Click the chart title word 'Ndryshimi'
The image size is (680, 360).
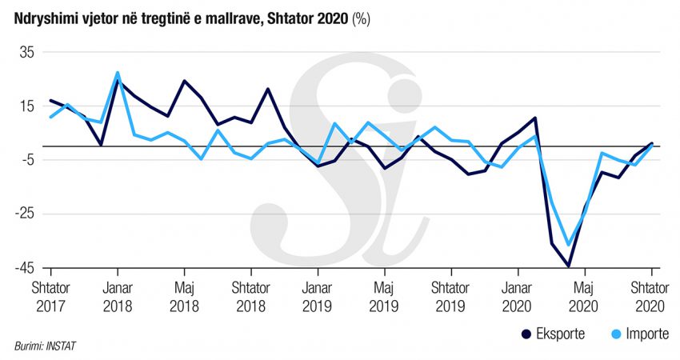click(41, 19)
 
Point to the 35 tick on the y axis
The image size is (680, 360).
click(27, 52)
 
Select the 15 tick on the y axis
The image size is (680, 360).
click(28, 106)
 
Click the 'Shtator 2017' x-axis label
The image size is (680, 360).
click(51, 296)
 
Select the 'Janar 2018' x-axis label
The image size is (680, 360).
click(118, 296)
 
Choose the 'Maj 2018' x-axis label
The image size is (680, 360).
click(184, 296)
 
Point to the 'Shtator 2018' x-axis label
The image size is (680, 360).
click(250, 296)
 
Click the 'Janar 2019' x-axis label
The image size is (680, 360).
click(318, 296)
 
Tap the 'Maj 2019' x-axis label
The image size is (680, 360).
click(384, 296)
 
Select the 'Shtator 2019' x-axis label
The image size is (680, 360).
click(450, 296)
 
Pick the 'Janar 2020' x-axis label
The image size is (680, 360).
click(518, 296)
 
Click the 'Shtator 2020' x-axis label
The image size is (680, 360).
click(650, 296)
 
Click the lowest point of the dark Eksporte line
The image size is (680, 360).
click(568, 266)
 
